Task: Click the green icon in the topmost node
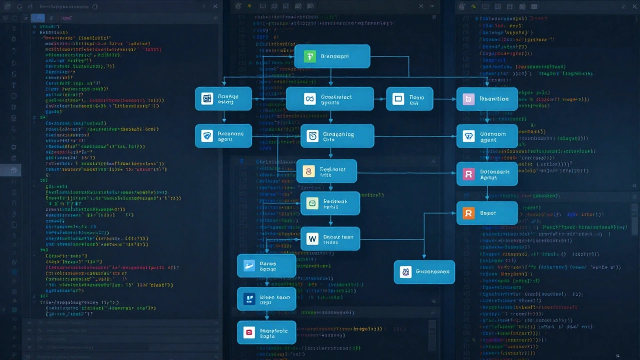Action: [310, 56]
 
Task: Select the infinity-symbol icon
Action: [309, 99]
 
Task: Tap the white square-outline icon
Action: [398, 99]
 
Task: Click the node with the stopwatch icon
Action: [337, 136]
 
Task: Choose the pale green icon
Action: [312, 203]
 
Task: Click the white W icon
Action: [312, 239]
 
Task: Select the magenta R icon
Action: [468, 174]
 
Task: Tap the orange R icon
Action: [468, 213]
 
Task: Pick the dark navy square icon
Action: [248, 299]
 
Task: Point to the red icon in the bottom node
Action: [248, 332]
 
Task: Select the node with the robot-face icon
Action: [424, 272]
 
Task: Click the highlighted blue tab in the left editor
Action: [38, 17]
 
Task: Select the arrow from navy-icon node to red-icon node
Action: [266, 315]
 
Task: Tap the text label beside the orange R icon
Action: [488, 213]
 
